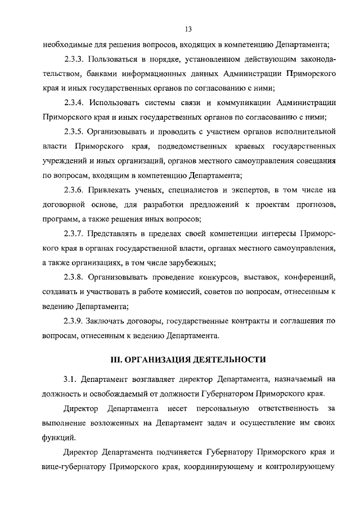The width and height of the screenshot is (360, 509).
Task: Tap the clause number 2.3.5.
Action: tap(75, 132)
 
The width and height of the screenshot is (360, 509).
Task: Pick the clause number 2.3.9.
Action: tap(75, 321)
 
